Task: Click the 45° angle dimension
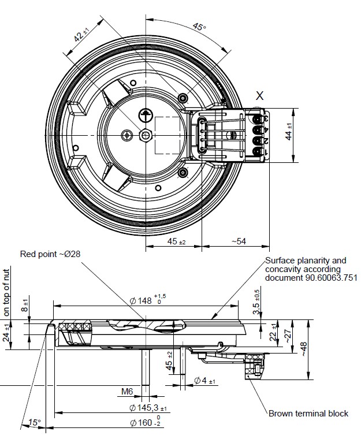click(x=199, y=27)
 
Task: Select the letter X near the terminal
click(x=260, y=96)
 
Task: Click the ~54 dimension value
click(x=238, y=241)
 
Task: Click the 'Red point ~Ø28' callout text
click(x=50, y=254)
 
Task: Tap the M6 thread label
click(x=128, y=392)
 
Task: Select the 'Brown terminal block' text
click(x=308, y=414)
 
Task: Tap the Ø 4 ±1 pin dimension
click(x=204, y=381)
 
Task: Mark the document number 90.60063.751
click(x=303, y=278)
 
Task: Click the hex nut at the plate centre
click(x=146, y=135)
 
